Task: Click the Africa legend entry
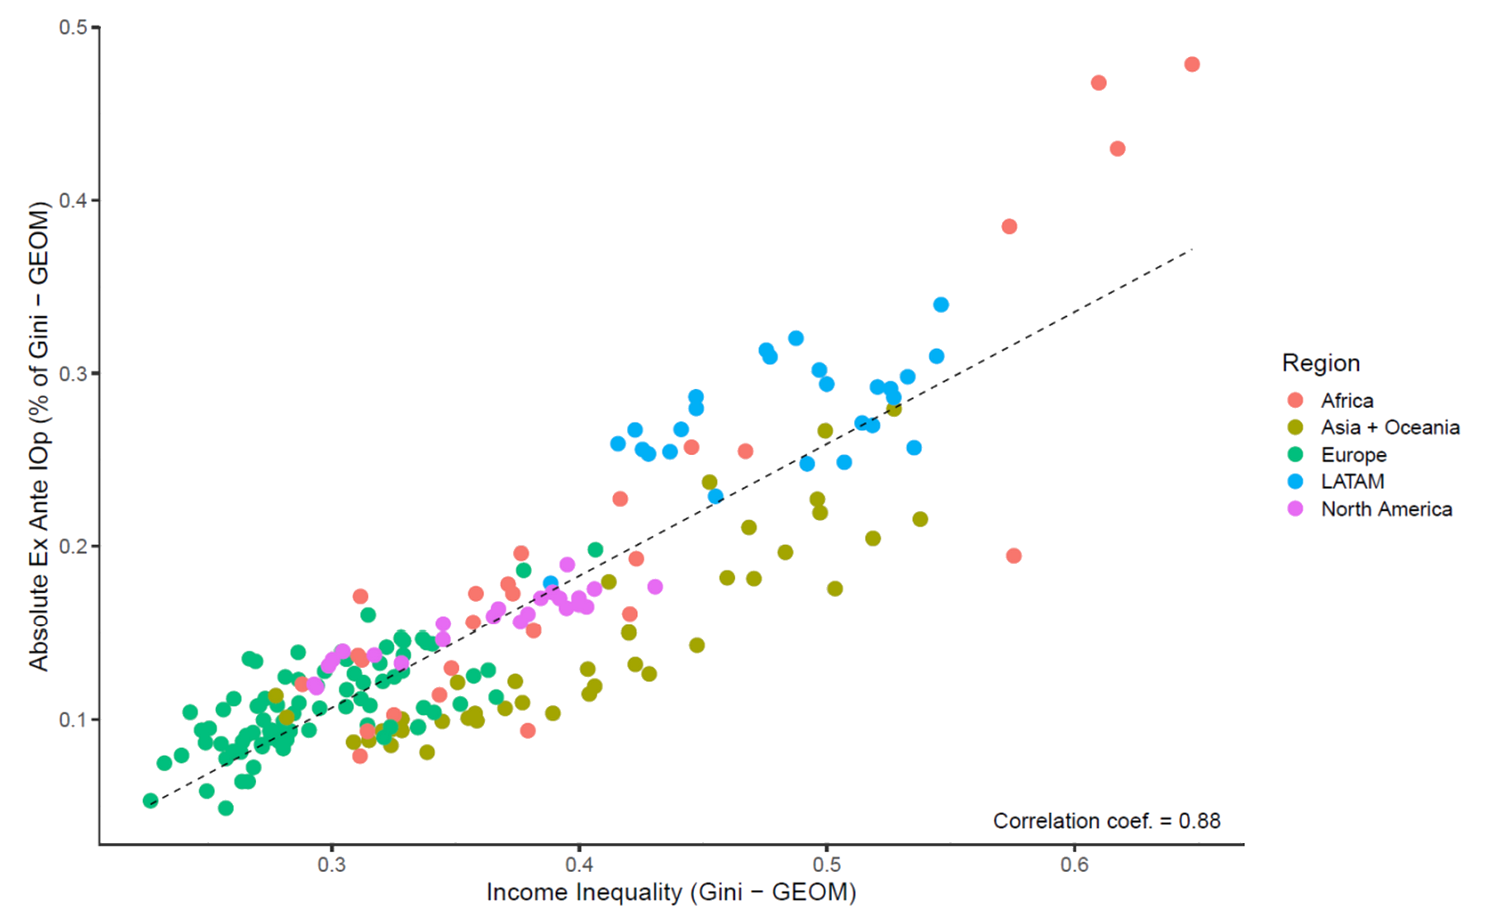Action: pyautogui.click(x=1347, y=400)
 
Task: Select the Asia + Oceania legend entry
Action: pyautogui.click(x=1390, y=428)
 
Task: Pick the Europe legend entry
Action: pyautogui.click(x=1353, y=455)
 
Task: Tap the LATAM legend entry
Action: pyautogui.click(x=1352, y=481)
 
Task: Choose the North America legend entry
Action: pyautogui.click(x=1386, y=509)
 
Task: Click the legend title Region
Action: pyautogui.click(x=1320, y=363)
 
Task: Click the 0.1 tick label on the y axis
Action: pyautogui.click(x=73, y=719)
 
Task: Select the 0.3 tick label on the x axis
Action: pyautogui.click(x=331, y=865)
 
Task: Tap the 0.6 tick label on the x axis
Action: pyautogui.click(x=1074, y=865)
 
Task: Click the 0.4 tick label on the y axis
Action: pyautogui.click(x=73, y=201)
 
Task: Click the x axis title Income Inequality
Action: pyautogui.click(x=671, y=893)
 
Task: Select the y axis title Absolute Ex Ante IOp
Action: pyautogui.click(x=39, y=436)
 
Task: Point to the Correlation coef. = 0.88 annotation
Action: pyautogui.click(x=1106, y=821)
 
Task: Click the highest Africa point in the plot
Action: pyautogui.click(x=1191, y=64)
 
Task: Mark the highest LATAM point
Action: pyautogui.click(x=940, y=305)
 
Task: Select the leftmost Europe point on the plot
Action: pyautogui.click(x=150, y=800)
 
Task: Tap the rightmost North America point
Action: pyautogui.click(x=655, y=586)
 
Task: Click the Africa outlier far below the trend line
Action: pyautogui.click(x=1014, y=556)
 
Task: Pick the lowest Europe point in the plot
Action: pyautogui.click(x=226, y=808)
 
